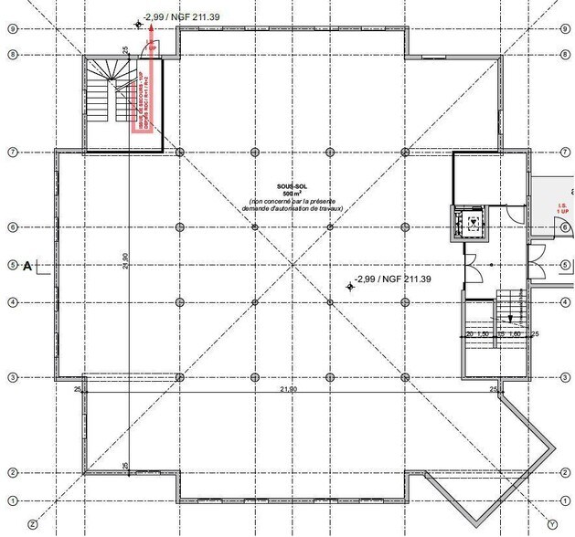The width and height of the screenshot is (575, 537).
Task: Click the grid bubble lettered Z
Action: point(33,524)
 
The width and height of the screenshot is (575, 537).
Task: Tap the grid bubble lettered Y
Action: point(552,524)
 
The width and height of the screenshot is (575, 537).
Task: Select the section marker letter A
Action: point(27,266)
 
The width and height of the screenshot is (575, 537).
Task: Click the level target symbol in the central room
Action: point(349,287)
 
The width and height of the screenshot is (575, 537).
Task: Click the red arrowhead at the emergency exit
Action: point(152,43)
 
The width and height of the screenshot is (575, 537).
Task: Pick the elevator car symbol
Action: point(472,220)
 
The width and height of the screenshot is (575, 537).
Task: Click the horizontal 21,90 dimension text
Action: point(288,389)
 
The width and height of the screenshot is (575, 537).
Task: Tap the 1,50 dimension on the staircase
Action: point(485,335)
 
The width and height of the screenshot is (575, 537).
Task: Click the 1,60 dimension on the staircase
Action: point(515,335)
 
